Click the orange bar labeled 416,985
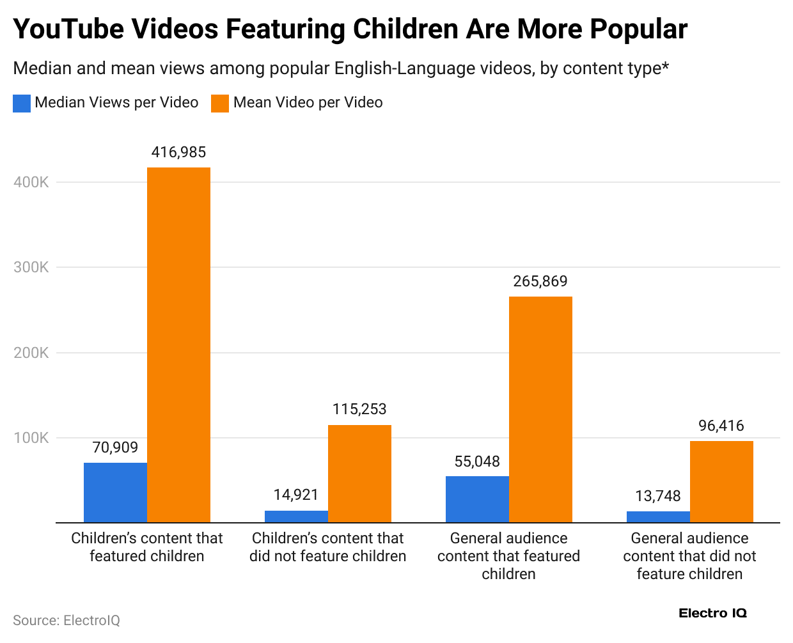[178, 345]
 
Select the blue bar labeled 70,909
[115, 493]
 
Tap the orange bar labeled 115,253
[359, 474]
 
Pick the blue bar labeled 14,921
[296, 516]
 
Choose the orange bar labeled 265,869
[540, 410]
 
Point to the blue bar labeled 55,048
[477, 499]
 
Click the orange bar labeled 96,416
[721, 482]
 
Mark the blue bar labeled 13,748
[658, 517]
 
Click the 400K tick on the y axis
[31, 182]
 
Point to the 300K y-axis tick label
[31, 267]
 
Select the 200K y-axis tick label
[31, 353]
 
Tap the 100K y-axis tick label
[31, 438]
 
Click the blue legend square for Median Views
[22, 103]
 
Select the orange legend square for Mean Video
[220, 103]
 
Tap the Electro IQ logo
[712, 614]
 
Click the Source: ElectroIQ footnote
[67, 621]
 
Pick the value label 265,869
[540, 281]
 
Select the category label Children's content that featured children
[147, 547]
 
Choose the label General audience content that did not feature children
[689, 556]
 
